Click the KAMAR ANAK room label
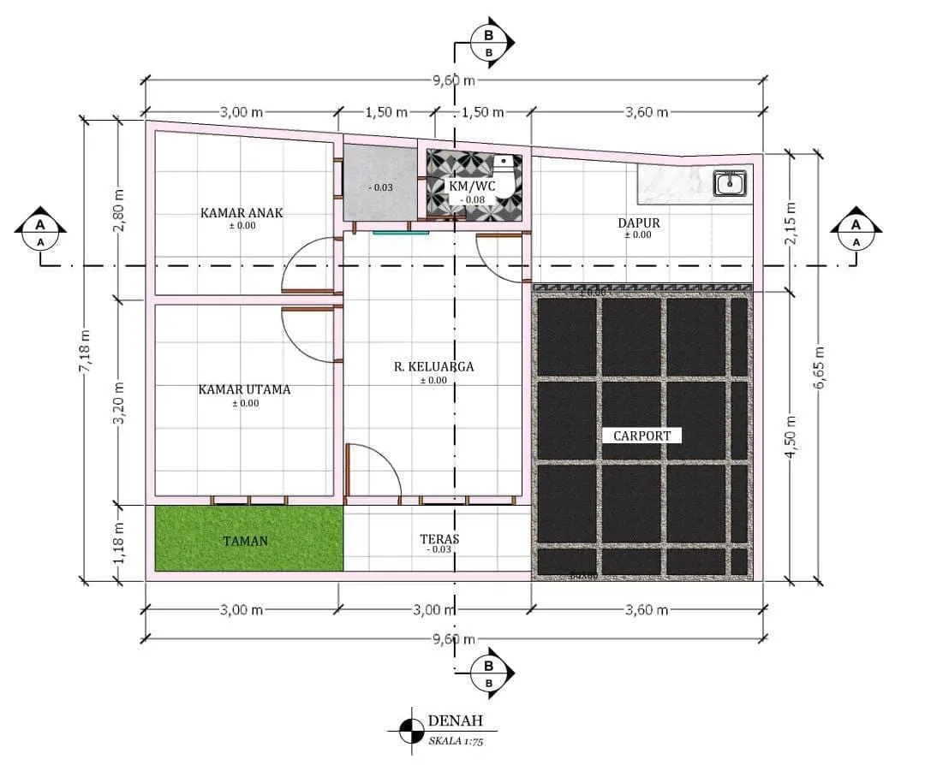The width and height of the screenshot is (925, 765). click(x=242, y=212)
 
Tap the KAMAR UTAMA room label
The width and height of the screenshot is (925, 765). click(x=244, y=389)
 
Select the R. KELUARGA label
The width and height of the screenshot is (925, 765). click(x=433, y=366)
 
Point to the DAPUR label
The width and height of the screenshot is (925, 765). click(x=638, y=223)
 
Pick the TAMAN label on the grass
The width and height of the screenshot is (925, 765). click(x=246, y=541)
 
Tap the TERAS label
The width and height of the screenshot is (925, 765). click(x=439, y=539)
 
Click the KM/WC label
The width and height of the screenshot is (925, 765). click(x=472, y=185)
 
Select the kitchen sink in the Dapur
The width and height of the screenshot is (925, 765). click(x=730, y=182)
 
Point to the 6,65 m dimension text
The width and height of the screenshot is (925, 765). click(x=820, y=368)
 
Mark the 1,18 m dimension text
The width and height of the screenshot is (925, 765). click(x=119, y=543)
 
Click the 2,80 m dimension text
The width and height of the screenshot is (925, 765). click(x=119, y=210)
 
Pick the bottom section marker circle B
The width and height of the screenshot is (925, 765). click(x=488, y=666)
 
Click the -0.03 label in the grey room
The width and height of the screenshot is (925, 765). click(x=379, y=187)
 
